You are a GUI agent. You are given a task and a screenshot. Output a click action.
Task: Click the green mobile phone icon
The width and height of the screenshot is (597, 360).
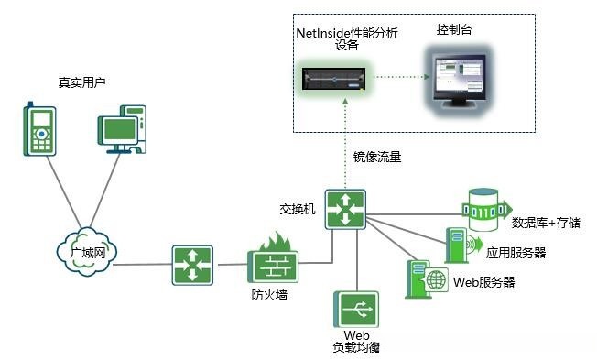[x=41, y=129]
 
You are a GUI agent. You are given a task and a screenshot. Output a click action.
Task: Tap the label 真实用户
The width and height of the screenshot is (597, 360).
[x=82, y=82]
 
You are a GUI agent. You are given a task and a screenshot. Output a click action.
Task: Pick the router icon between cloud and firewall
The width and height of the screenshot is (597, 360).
[x=191, y=265]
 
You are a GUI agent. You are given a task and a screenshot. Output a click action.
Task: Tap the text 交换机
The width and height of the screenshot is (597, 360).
[x=298, y=209]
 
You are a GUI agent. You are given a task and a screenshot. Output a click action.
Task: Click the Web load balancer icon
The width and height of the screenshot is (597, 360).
[x=355, y=308]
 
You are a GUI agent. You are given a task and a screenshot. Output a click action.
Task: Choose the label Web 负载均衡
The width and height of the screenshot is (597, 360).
[x=356, y=342]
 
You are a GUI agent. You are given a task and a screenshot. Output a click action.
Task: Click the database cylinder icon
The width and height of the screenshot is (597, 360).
[x=484, y=209]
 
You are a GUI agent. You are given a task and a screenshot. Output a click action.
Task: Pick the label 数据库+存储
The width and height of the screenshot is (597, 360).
[x=547, y=222]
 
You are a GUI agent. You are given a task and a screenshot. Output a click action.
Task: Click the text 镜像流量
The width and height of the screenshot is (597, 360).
[x=378, y=157]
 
